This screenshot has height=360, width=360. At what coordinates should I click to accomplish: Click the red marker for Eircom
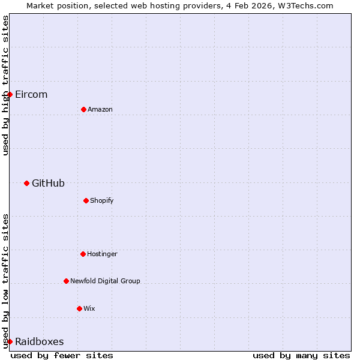[x=10, y=94]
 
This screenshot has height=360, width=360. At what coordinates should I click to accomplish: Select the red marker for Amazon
[x=83, y=109]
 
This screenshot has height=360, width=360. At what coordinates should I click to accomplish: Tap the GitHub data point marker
[x=26, y=183]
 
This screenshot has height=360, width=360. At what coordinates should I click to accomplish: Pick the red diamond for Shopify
[x=86, y=200]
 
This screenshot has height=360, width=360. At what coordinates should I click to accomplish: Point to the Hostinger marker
[x=83, y=254]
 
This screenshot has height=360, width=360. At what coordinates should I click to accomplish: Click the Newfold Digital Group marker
[x=66, y=281]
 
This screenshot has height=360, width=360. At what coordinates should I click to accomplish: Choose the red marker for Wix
[x=79, y=308]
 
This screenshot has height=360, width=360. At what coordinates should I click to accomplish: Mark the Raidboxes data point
[x=10, y=341]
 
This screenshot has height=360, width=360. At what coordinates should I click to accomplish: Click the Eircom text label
[x=31, y=95]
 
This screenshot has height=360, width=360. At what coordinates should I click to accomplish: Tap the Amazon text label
[x=100, y=110]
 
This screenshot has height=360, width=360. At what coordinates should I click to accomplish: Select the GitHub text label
[x=48, y=184]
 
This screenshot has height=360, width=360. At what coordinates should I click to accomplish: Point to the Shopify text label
[x=102, y=200]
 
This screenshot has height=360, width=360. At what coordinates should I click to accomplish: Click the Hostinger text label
[x=102, y=254]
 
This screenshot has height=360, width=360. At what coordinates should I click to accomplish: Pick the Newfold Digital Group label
[x=105, y=281]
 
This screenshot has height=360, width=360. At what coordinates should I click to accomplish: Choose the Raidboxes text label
[x=40, y=342]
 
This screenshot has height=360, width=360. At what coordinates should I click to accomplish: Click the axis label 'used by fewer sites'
[x=62, y=355]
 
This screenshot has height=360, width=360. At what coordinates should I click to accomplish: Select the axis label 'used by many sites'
[x=301, y=355]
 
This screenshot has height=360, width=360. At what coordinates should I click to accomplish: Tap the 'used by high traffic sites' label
[x=5, y=85]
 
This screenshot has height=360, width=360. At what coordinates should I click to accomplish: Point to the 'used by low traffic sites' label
[x=5, y=281]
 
